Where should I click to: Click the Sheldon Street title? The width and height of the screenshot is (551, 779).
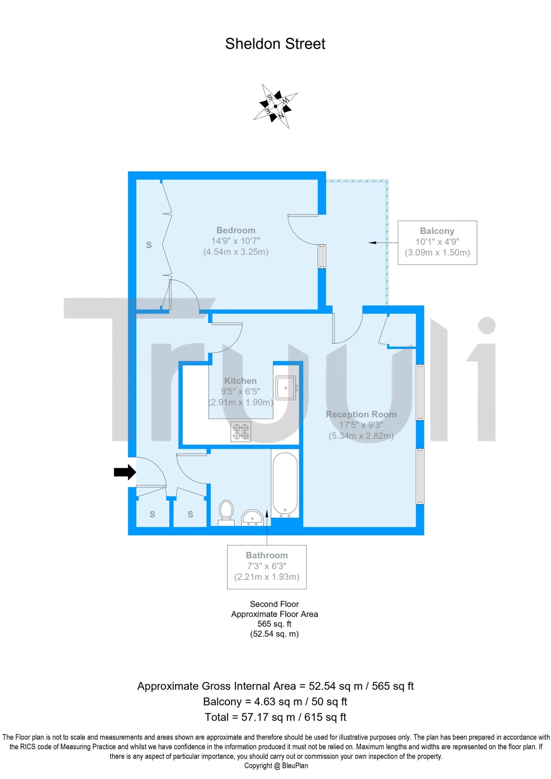point(275,44)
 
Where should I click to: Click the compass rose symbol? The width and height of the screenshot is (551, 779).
point(275,106)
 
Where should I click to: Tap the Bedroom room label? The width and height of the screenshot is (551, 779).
point(236,230)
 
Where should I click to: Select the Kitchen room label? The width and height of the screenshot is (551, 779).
point(240,381)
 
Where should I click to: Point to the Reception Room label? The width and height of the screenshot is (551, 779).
point(361,414)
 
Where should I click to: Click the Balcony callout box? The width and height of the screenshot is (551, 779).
point(437,243)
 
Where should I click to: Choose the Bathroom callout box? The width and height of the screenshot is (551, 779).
point(267,567)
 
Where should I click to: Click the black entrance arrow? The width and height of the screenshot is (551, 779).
point(125,472)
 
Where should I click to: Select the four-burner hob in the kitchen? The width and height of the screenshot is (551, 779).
point(241,431)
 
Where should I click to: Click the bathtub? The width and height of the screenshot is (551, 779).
point(285,485)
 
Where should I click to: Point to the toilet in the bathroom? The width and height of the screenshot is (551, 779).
point(226,513)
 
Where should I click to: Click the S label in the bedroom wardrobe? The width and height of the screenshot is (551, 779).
point(149,245)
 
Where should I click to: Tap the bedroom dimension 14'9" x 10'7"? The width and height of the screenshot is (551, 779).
point(236,241)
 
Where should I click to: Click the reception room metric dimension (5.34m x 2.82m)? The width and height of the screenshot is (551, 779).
point(361,436)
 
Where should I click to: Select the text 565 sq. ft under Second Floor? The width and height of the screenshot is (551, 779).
point(274,624)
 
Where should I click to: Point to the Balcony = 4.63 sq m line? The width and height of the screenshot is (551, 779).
point(275,701)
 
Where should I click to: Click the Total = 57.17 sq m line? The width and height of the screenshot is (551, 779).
point(275,717)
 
